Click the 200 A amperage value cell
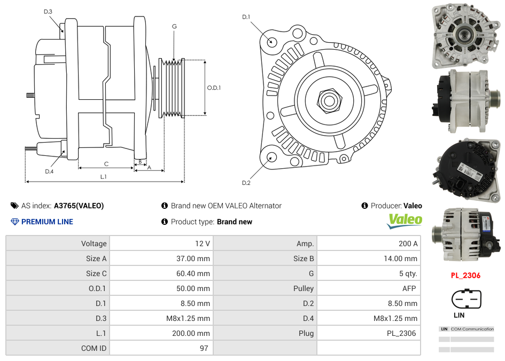[408, 244]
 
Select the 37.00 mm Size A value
[196, 258]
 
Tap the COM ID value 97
[204, 348]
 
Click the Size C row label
[96, 273]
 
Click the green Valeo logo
[405, 220]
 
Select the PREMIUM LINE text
[47, 222]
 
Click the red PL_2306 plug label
[465, 276]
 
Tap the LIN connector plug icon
[466, 299]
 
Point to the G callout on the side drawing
[174, 26]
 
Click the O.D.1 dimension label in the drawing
[214, 88]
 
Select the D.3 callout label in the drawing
[48, 11]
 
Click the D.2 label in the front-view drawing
[246, 183]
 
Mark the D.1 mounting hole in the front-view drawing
[271, 41]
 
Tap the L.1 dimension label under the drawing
[104, 176]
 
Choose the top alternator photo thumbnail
[465, 36]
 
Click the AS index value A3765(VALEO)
[79, 206]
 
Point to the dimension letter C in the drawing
[106, 164]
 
